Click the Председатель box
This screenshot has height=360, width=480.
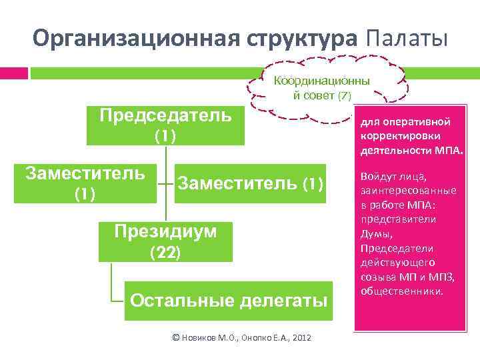pos(165,125)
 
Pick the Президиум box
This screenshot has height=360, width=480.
pos(165,241)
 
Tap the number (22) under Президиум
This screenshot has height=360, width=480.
pos(165,253)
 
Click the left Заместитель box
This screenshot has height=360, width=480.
pos(85,183)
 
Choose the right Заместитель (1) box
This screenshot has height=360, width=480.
pos(250,183)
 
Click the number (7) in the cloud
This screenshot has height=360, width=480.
pos(344,96)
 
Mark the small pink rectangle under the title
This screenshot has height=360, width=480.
pos(14,72)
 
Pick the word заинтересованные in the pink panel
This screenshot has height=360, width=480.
pos(407,191)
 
